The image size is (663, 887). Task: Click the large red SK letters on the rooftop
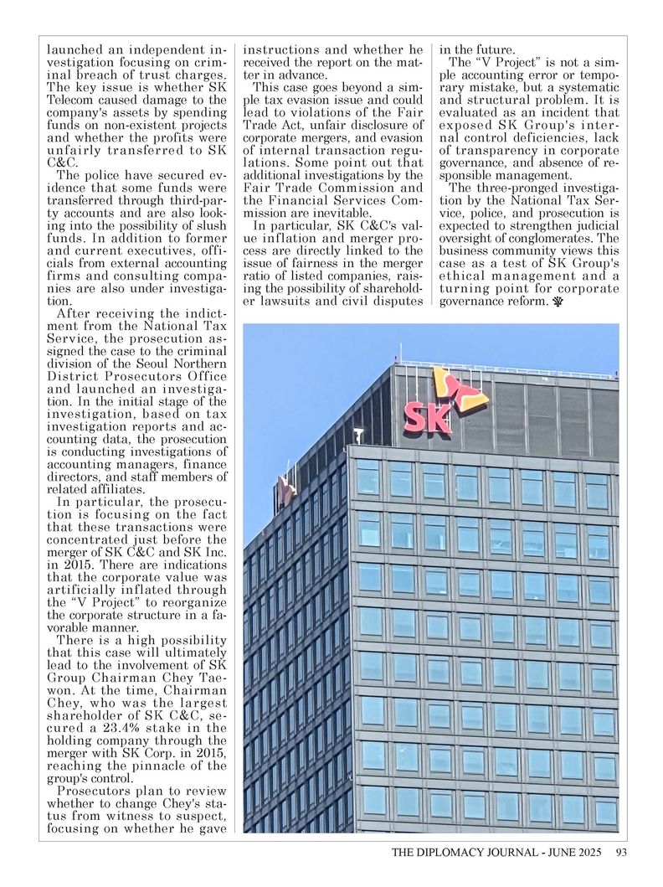(x=428, y=416)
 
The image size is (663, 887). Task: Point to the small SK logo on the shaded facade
(x=284, y=492)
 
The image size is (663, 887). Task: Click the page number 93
(x=620, y=853)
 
